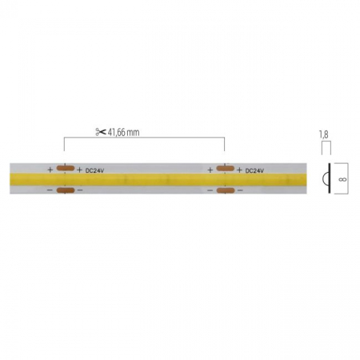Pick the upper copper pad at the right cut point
(x=225, y=170)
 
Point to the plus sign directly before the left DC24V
(x=79, y=170)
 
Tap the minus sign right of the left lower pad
(x=79, y=190)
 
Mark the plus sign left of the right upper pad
(x=210, y=170)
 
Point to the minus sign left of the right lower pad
(x=210, y=190)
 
